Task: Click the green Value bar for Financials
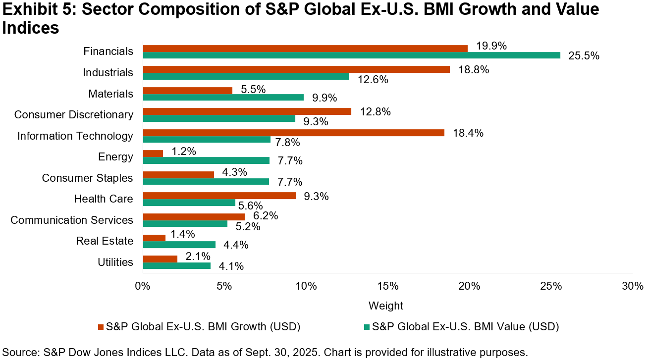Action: (351, 55)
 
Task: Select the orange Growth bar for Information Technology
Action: (293, 133)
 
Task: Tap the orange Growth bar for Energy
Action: (153, 154)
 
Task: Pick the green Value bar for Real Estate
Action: (179, 245)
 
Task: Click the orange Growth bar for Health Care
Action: (219, 196)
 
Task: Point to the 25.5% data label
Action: (584, 56)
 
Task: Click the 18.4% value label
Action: (468, 133)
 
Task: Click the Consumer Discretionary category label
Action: (74, 115)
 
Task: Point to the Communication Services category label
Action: (72, 220)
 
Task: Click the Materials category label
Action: (110, 94)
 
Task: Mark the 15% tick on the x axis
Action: (387, 286)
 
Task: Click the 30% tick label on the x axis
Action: (632, 286)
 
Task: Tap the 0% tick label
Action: (143, 286)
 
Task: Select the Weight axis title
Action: (386, 306)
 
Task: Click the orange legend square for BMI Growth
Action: (101, 327)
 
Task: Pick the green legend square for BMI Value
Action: (367, 327)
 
